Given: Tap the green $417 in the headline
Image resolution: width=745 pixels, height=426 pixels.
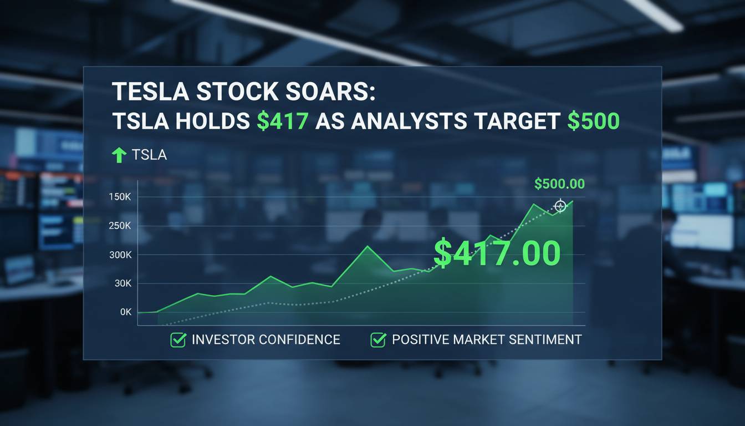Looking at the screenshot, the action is click(x=282, y=121).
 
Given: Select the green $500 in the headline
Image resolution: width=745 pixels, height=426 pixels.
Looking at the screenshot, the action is click(x=594, y=121).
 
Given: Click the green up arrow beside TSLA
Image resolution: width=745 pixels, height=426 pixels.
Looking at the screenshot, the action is click(x=119, y=155).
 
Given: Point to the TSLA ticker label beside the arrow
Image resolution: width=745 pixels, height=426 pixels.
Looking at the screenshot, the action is click(x=149, y=155).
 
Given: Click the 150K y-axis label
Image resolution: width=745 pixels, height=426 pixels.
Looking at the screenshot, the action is click(x=120, y=197).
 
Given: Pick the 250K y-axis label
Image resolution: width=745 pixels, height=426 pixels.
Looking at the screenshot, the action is click(x=120, y=226).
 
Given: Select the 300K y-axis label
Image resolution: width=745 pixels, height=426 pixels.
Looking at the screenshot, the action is click(x=120, y=255).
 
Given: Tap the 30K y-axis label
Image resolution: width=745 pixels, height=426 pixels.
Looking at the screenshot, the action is click(x=123, y=283).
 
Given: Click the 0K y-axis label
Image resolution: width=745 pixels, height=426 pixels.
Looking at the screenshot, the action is click(x=126, y=312).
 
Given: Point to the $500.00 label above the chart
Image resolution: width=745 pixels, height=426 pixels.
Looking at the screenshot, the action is click(x=559, y=184).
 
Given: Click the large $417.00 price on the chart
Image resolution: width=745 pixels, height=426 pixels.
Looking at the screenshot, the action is click(x=497, y=253).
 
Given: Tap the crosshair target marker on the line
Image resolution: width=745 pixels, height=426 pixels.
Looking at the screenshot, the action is click(x=560, y=206).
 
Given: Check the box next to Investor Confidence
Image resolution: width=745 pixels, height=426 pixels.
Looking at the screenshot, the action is click(x=178, y=340).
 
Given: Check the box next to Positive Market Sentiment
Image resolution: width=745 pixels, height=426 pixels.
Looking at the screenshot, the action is click(x=379, y=340).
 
